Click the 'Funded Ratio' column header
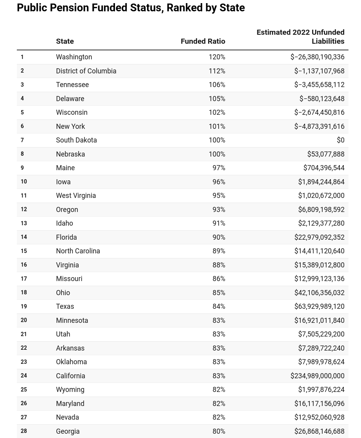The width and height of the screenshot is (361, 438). [x=203, y=41]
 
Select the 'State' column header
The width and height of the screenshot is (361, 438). [x=65, y=41]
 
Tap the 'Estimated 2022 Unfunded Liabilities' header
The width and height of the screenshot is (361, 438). [x=300, y=37]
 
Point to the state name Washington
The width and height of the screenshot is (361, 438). [x=74, y=57]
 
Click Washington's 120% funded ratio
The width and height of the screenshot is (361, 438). [x=217, y=57]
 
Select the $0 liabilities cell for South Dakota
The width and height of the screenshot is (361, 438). [x=340, y=140]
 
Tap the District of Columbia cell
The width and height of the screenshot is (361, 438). [x=86, y=71]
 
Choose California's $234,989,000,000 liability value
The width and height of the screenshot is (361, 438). [x=317, y=376]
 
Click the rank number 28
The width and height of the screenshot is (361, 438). [x=24, y=431]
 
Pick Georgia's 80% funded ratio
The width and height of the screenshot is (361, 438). [x=219, y=431]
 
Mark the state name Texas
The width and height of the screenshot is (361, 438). [x=65, y=306]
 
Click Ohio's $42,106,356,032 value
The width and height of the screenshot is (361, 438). [x=319, y=293]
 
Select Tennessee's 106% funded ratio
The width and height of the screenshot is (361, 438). [x=217, y=85]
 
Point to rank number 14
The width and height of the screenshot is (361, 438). [x=24, y=237]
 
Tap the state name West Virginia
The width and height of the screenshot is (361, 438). [x=76, y=196]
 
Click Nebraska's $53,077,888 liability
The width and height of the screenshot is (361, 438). [x=326, y=154]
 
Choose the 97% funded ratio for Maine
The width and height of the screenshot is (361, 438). [x=219, y=168]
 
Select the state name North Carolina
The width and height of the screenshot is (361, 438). [x=78, y=251]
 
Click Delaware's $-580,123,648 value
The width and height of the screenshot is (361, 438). [x=322, y=99]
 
